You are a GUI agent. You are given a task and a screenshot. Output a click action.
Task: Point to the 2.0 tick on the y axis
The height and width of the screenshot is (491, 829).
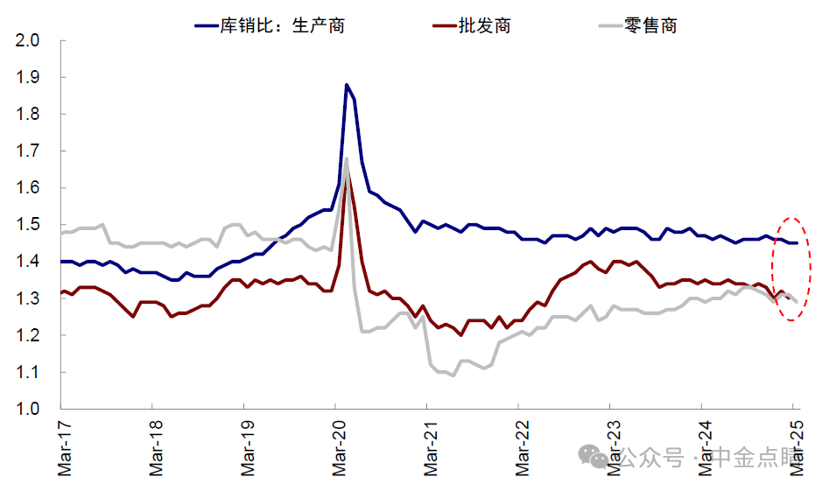coord(27,40)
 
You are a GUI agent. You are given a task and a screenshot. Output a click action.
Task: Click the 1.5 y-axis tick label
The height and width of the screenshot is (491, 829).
coord(27,225)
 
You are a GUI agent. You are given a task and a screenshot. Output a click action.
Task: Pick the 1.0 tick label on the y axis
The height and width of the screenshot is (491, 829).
coord(27,409)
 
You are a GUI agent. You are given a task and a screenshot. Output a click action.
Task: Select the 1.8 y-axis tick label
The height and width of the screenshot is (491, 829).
coord(27,114)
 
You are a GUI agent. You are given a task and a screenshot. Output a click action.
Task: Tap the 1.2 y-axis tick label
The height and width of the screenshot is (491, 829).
coord(27,335)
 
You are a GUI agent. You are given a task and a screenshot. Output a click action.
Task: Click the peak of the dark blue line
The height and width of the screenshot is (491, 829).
coord(347,85)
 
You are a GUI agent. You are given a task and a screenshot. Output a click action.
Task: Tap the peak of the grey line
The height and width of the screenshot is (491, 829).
coord(347,158)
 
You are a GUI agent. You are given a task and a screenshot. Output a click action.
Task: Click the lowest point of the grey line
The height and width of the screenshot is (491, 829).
coord(453,375)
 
